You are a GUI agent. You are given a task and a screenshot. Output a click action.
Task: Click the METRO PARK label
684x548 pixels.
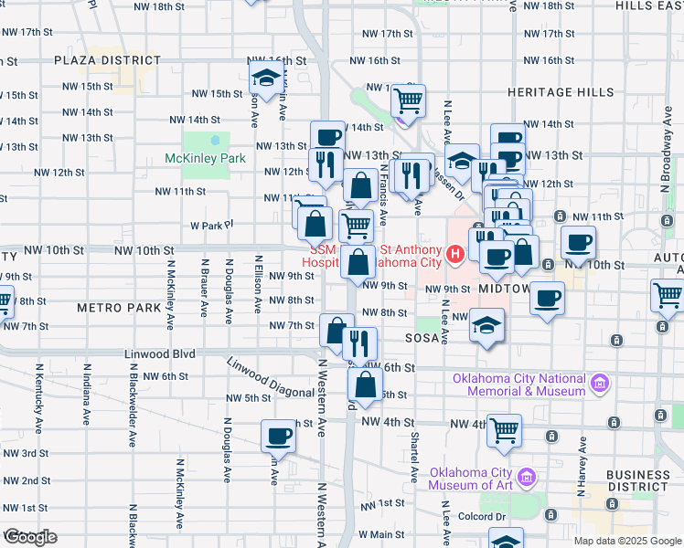(119, 308)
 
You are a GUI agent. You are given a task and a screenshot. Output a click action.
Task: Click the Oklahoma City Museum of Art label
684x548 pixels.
(471, 479)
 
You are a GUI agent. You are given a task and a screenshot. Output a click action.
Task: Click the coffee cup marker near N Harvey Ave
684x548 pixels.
(578, 242)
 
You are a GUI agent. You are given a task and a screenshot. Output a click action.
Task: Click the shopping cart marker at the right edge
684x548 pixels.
(668, 296)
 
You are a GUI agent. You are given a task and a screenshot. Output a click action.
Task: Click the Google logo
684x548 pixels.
(30, 537)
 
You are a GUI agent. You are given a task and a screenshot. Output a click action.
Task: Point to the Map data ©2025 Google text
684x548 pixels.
(626, 541)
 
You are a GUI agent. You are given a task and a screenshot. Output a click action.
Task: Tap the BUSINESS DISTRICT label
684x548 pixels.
(637, 480)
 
